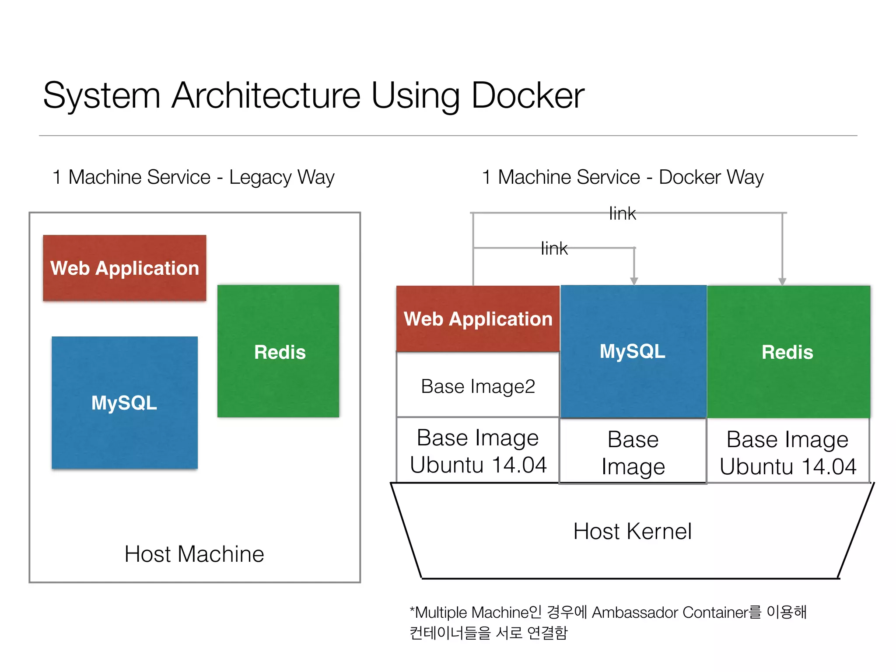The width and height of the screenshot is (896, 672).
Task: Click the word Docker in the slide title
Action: [527, 95]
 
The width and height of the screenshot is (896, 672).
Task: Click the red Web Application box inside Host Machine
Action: [125, 268]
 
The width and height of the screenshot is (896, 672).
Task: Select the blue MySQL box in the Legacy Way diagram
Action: [125, 402]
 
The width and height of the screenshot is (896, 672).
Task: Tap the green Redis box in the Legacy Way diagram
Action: [279, 351]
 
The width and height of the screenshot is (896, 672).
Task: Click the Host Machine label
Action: [194, 554]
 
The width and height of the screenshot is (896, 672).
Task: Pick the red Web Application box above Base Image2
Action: [478, 318]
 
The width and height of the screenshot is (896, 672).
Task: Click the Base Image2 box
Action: [478, 386]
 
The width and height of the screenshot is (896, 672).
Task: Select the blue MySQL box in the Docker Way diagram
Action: [633, 351]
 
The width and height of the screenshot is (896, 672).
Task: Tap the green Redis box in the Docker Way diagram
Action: [788, 352]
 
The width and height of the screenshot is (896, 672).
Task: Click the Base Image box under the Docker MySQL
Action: [633, 452]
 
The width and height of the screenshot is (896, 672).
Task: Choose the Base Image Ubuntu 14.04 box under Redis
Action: [788, 452]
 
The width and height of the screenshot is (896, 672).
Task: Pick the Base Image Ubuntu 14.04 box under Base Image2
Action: [478, 451]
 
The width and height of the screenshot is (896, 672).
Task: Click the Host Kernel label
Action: [632, 531]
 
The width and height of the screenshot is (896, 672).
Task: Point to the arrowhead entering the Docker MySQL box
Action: [634, 281]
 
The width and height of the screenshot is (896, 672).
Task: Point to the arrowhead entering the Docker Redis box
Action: [782, 281]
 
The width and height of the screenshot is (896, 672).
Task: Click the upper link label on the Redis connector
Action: [622, 213]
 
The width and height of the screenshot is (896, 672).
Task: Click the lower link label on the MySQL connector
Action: [554, 248]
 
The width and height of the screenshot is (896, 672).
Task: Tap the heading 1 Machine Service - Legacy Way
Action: [193, 177]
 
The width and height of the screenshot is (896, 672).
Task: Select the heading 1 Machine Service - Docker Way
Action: [622, 177]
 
